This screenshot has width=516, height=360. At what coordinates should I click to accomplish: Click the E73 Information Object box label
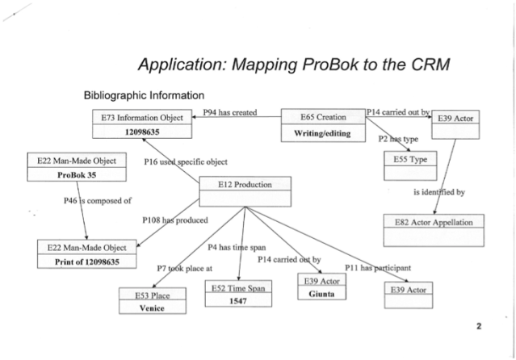click(x=143, y=117)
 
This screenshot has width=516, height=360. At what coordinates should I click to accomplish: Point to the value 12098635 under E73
click(x=143, y=132)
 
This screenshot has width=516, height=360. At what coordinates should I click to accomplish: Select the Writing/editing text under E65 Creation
click(x=321, y=132)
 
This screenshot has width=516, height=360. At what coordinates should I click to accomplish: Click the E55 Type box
click(x=409, y=160)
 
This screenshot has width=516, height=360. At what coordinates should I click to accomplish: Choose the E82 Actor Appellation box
click(x=438, y=222)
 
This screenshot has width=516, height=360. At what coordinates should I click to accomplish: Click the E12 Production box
click(x=245, y=185)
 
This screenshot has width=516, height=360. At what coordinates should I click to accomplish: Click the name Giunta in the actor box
click(x=322, y=295)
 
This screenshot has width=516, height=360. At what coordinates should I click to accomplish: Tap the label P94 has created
click(x=229, y=113)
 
